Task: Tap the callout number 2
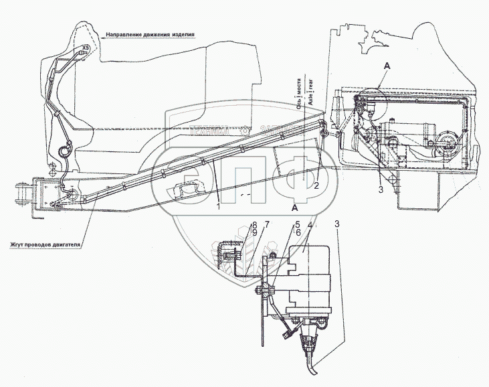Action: [x=315, y=187]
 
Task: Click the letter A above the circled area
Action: [x=386, y=66]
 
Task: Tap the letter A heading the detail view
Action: [x=294, y=208]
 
